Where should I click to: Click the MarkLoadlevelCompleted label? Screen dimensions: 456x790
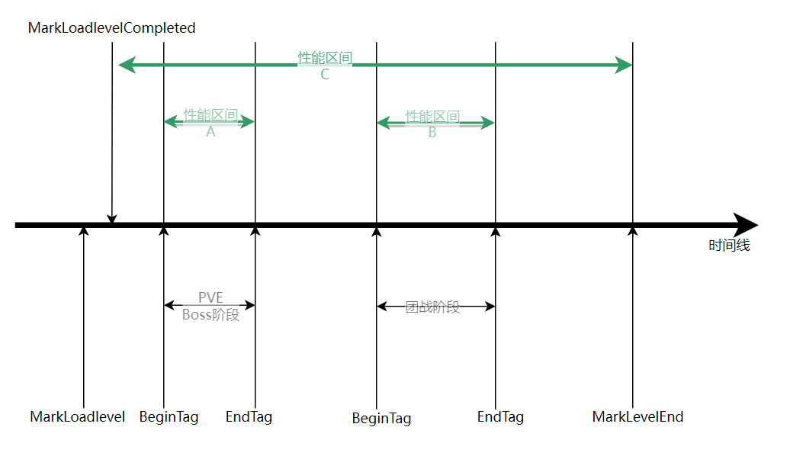pyautogui.click(x=111, y=28)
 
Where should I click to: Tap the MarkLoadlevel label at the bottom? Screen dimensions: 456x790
pyautogui.click(x=77, y=417)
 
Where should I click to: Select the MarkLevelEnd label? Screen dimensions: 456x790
pyautogui.click(x=637, y=417)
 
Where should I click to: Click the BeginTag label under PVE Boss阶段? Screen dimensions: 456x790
pyautogui.click(x=169, y=417)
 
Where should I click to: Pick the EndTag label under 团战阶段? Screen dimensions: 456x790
pyautogui.click(x=500, y=417)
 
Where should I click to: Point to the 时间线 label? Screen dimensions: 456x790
pyautogui.click(x=729, y=246)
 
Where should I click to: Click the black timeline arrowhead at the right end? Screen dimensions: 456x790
pyautogui.click(x=745, y=225)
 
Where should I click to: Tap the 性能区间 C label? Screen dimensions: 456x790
pyautogui.click(x=325, y=66)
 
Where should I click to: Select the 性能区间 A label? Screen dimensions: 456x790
pyautogui.click(x=210, y=123)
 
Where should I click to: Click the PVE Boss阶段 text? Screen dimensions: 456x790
pyautogui.click(x=210, y=306)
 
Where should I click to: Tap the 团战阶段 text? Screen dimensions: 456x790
pyautogui.click(x=432, y=307)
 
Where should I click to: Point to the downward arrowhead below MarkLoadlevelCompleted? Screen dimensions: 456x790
pyautogui.click(x=112, y=220)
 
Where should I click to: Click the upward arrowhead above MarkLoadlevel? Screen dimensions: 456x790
pyautogui.click(x=84, y=231)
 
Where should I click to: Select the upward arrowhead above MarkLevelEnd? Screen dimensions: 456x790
pyautogui.click(x=633, y=231)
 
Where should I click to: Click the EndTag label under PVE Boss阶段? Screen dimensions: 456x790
pyautogui.click(x=249, y=417)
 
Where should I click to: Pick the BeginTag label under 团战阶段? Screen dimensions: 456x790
pyautogui.click(x=381, y=419)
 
